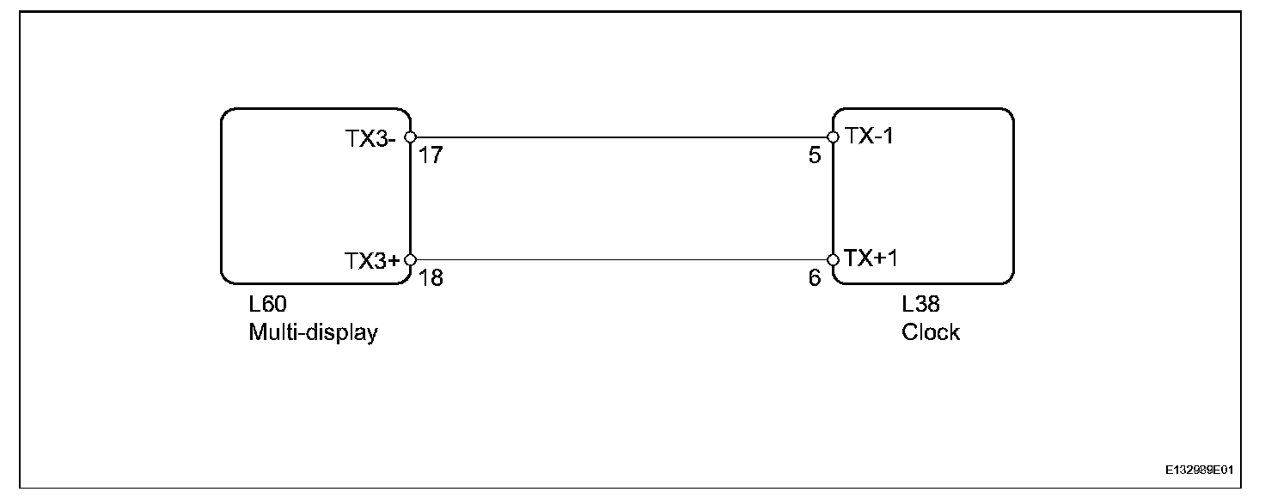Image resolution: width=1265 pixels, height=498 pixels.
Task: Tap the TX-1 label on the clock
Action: (870, 136)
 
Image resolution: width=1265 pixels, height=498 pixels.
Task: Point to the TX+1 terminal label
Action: (871, 258)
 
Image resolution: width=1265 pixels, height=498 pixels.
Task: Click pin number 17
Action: (431, 158)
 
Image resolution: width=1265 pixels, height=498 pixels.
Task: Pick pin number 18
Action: (431, 279)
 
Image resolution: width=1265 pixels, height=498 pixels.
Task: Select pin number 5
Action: (815, 157)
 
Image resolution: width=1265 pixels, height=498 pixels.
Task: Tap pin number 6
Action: (815, 279)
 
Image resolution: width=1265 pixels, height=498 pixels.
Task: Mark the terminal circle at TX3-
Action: (410, 137)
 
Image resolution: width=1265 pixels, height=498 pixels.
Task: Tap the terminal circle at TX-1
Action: (833, 137)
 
